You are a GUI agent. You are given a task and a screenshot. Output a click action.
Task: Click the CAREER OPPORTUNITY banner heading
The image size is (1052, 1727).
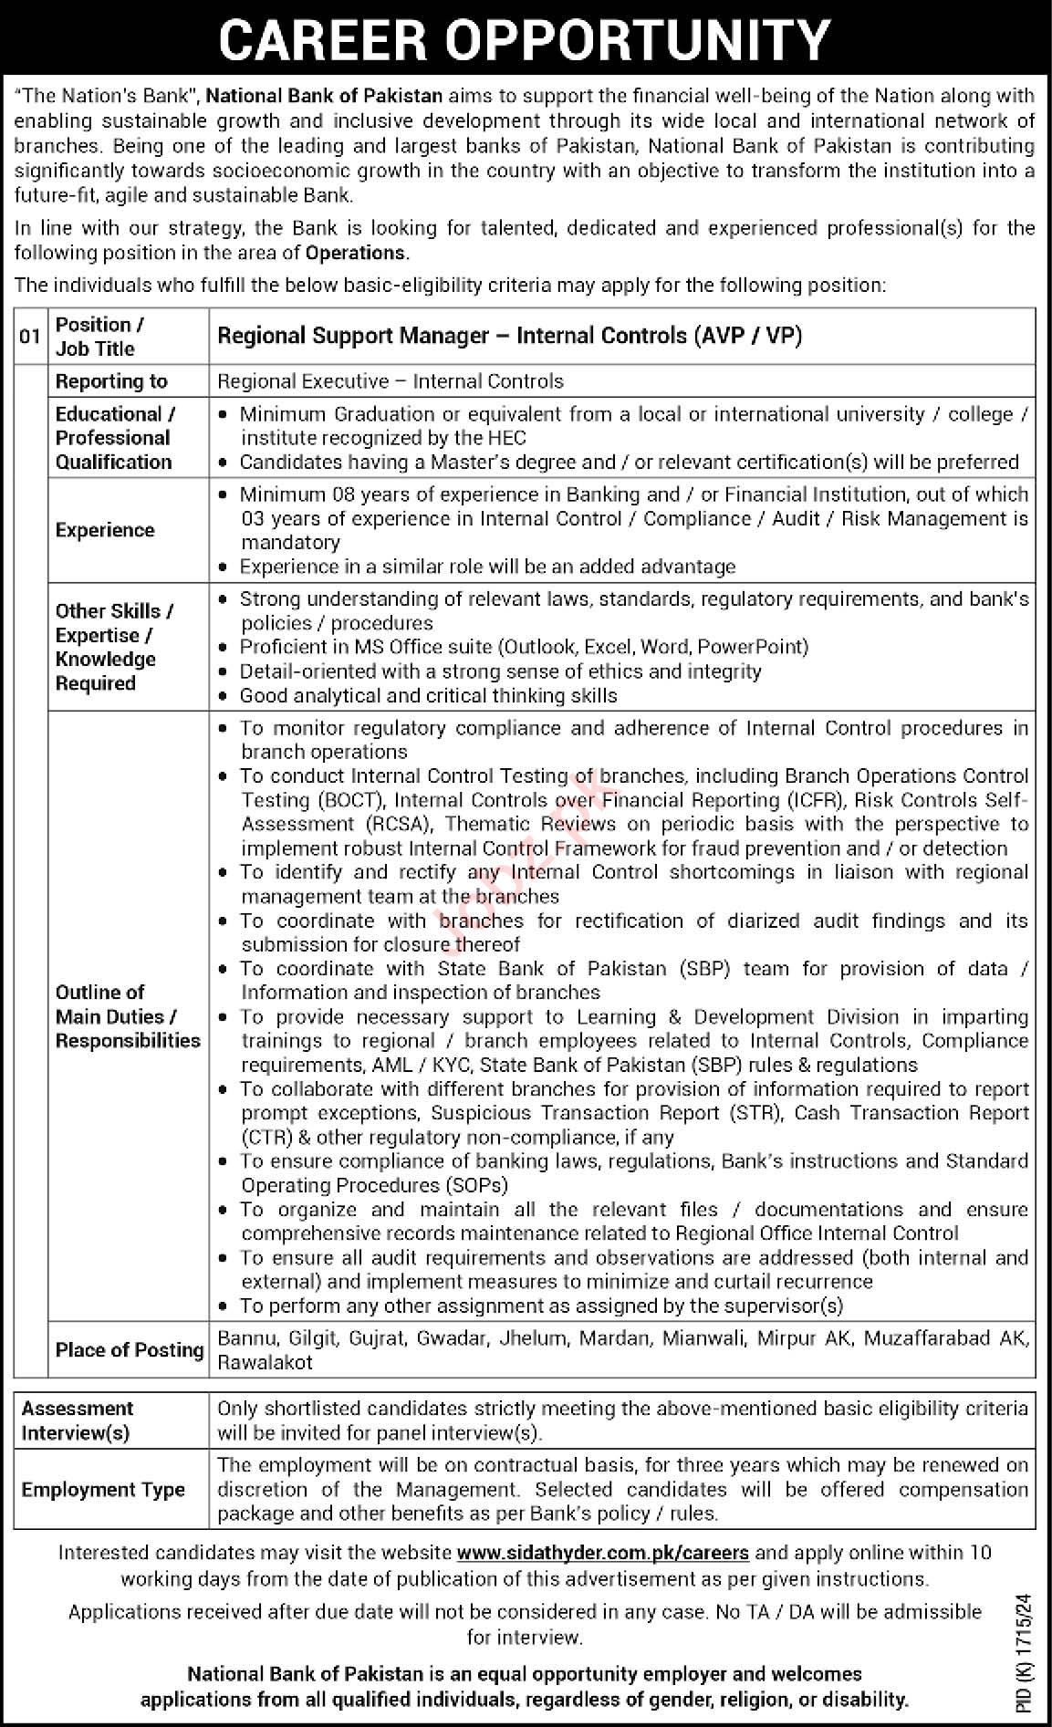[526, 38]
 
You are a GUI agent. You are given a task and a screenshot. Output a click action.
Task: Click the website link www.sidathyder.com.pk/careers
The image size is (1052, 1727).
[602, 1552]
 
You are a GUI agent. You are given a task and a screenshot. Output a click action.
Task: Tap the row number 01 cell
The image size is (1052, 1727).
[30, 336]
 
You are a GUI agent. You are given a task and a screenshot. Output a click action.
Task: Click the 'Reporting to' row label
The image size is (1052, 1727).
[111, 380]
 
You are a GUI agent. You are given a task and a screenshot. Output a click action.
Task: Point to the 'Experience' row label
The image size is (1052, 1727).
[105, 530]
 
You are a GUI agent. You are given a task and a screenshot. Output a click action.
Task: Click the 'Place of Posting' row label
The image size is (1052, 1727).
[129, 1349]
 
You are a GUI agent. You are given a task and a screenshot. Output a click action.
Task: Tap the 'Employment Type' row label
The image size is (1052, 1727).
[103, 1489]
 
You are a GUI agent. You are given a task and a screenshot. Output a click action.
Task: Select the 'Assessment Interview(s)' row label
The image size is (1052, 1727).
[78, 1420]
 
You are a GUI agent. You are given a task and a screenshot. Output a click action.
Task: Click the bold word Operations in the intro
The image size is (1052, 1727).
[356, 253]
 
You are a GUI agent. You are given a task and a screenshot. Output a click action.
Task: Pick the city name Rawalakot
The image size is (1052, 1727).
[265, 1362]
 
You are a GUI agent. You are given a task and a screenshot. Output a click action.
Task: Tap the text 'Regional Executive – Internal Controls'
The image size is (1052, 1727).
[391, 380]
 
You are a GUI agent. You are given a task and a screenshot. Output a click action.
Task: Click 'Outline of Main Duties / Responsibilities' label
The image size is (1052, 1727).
[127, 1015]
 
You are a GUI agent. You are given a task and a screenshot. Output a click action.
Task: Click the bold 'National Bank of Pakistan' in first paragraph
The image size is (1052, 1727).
[325, 96]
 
